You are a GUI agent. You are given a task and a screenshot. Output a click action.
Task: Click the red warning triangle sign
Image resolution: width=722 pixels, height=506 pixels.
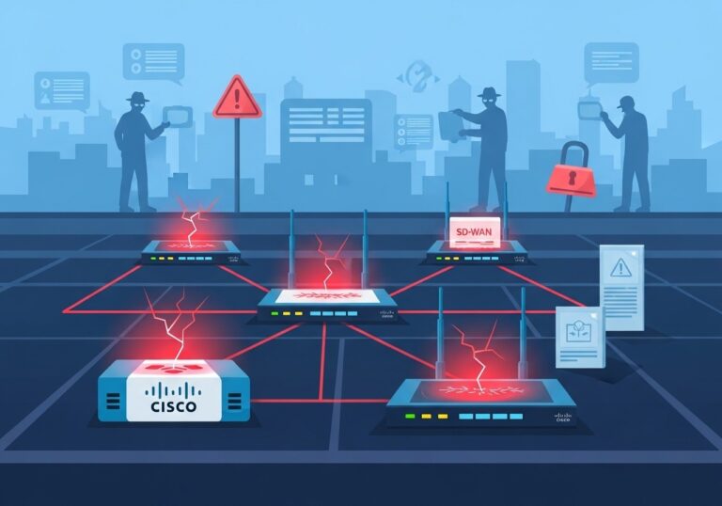(x=236, y=99)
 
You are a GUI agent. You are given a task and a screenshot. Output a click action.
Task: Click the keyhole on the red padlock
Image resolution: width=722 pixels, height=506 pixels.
(x=572, y=178)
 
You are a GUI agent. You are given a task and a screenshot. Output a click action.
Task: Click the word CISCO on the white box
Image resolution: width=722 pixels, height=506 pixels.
(x=174, y=406)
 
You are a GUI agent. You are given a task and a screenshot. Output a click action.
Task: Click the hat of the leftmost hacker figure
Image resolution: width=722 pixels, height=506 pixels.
(x=137, y=98)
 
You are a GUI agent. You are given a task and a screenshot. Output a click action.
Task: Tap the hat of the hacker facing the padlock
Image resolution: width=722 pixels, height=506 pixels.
(x=487, y=93)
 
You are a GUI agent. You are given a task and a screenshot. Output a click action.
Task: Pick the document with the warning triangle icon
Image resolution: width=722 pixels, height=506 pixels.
(x=622, y=286)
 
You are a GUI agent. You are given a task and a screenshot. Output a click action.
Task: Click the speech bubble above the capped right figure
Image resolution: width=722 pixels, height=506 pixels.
(x=610, y=62)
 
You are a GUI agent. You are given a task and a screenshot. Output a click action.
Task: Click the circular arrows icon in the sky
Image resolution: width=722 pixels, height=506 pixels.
(x=417, y=74)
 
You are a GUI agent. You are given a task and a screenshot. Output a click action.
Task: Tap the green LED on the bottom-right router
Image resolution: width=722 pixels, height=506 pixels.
(x=407, y=415)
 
